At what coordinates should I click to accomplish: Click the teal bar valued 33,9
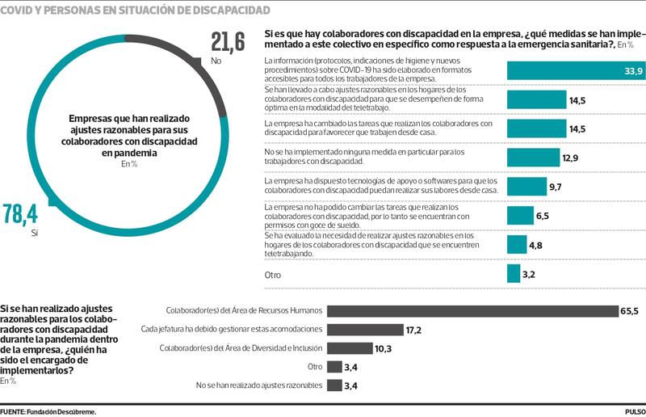tap(575, 71)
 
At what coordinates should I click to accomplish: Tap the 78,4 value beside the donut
tap(20, 215)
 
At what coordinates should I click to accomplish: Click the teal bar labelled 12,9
tap(532, 157)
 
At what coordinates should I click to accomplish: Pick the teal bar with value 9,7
tap(526, 187)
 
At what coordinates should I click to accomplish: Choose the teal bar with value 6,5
tap(519, 215)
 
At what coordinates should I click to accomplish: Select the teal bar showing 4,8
tap(516, 245)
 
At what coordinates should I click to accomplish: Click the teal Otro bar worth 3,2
tap(513, 274)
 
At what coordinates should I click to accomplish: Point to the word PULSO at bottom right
tap(634, 411)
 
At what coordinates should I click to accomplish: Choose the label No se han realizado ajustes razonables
tap(259, 385)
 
